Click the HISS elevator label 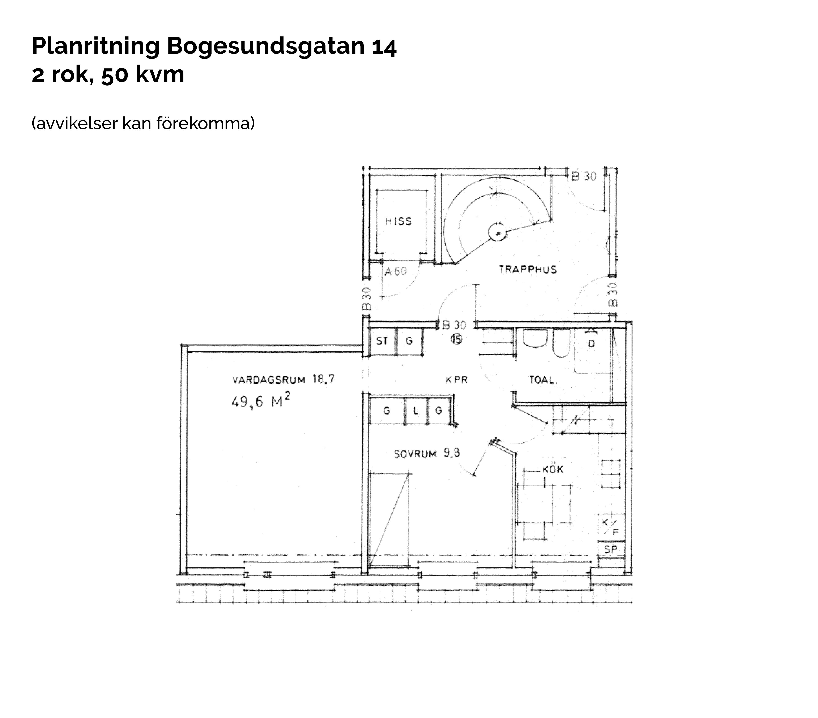(398, 221)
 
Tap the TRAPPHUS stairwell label (528, 269)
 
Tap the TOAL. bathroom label (543, 380)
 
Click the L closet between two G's (416, 411)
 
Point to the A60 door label (395, 271)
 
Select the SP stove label (611, 549)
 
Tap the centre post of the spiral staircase (497, 233)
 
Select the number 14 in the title (384, 46)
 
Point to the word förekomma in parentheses (205, 123)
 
